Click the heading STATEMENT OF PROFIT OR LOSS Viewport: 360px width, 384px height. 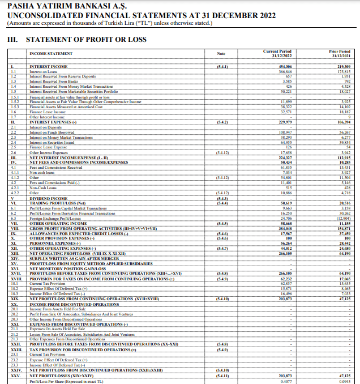pos(83,40)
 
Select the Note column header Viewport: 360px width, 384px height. pos(221,54)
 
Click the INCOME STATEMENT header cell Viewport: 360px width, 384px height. pos(51,54)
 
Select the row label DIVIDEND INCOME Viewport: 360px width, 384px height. pos(48,198)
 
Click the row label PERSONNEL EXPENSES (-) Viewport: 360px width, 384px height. pos(55,243)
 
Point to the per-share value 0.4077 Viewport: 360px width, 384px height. pos(286,381)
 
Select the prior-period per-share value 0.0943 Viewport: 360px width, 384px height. pos(344,381)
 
